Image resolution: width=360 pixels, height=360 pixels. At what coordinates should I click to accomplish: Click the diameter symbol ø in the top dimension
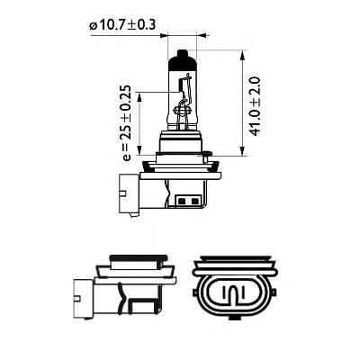(x=93, y=26)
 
